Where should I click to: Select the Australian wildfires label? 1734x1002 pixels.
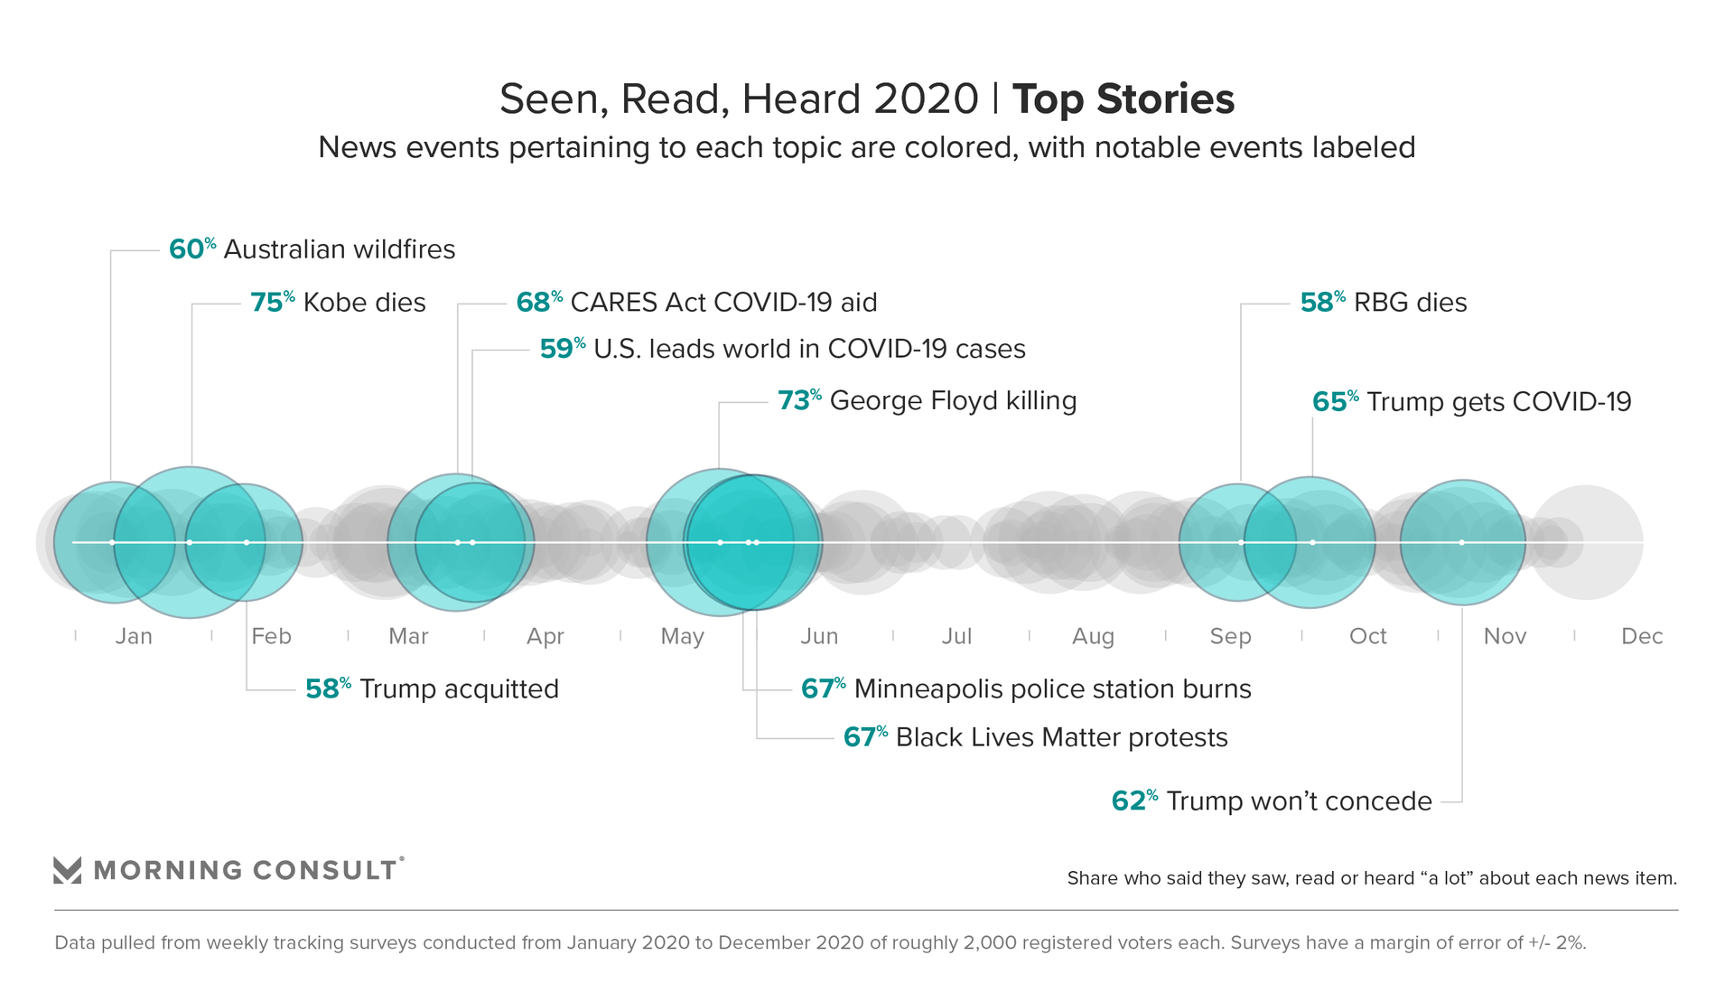coord(339,249)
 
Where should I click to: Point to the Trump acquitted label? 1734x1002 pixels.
coord(459,689)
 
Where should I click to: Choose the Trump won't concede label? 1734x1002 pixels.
coord(1299,801)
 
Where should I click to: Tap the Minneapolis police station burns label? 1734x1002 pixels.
coord(1052,689)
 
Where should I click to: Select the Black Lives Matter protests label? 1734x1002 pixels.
coord(1061,737)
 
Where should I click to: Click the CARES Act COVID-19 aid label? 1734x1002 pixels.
coord(723,303)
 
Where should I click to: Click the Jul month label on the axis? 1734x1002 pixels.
coord(956,637)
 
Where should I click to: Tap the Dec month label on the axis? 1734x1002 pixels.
coord(1642,637)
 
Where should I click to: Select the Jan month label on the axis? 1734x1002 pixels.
coord(134,637)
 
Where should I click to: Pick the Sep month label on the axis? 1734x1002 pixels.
coord(1230,637)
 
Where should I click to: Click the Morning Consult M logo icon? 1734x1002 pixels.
coord(68,870)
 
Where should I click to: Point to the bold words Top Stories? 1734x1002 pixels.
coord(1123,99)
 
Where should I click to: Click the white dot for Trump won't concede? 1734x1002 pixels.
coord(1462,542)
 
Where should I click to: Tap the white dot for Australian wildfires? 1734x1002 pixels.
coord(112,542)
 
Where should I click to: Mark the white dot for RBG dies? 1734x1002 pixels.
coord(1241,542)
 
